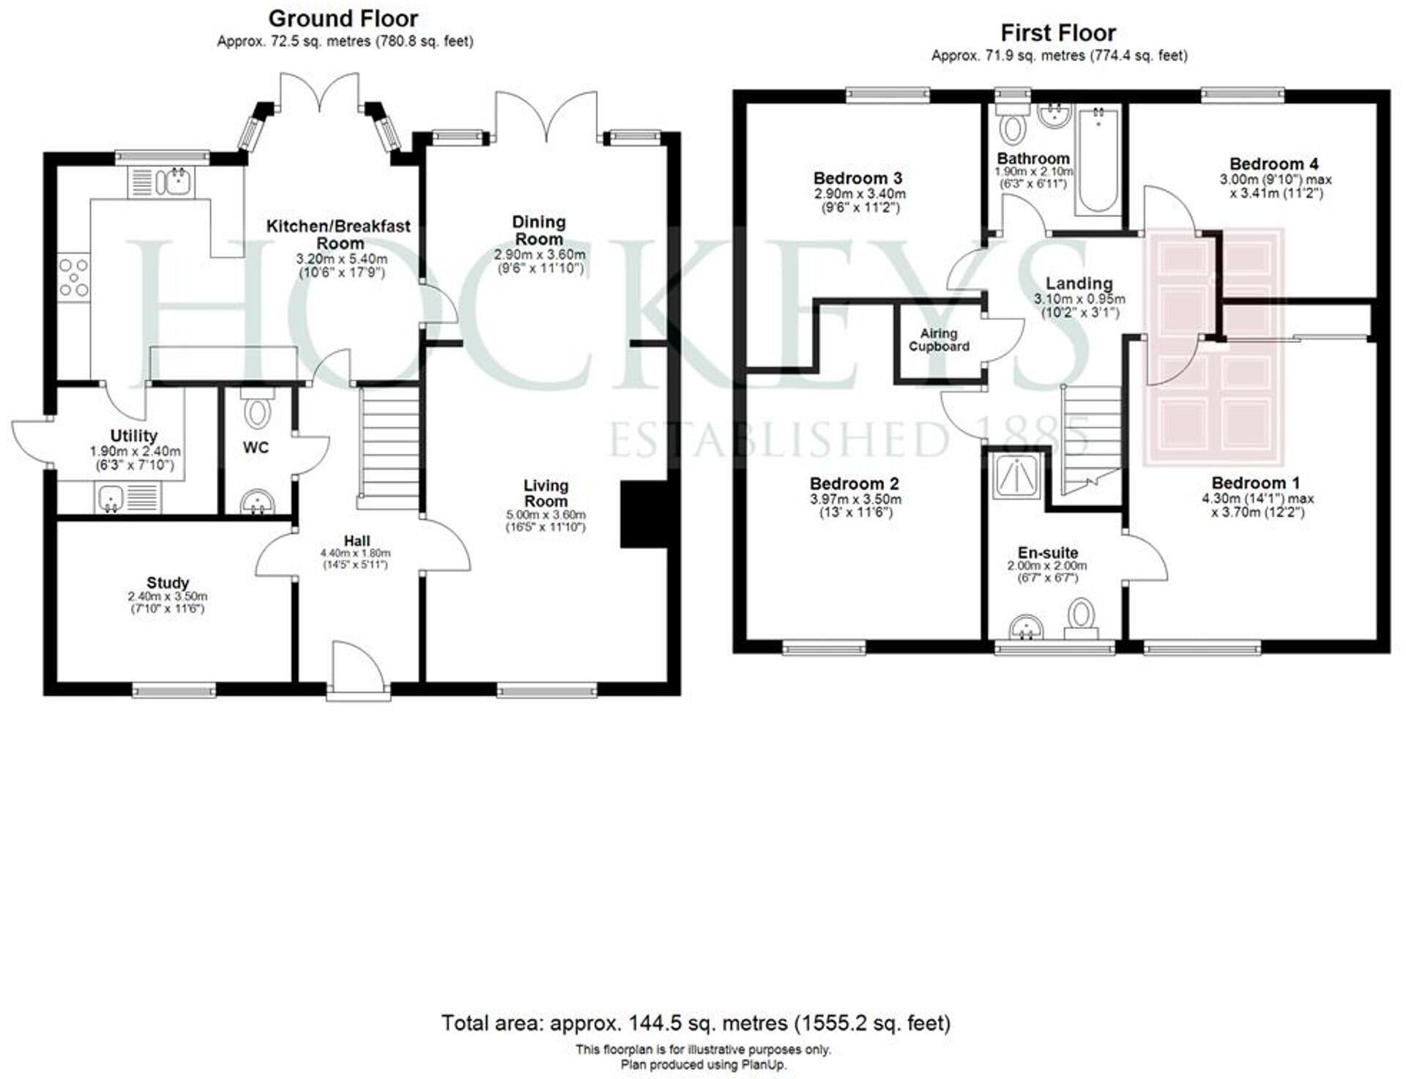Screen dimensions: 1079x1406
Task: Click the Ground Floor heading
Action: point(343,18)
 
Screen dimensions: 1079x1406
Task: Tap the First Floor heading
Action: point(1057,33)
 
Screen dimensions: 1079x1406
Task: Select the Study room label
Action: point(168,583)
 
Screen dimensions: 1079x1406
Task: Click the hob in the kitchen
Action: point(74,278)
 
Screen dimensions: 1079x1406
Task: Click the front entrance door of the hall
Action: point(357,672)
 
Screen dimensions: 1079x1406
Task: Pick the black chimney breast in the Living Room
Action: point(643,514)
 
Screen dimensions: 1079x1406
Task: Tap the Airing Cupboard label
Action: point(939,340)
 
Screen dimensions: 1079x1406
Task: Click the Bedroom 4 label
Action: point(1273,164)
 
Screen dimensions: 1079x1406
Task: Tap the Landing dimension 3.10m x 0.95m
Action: point(1079,299)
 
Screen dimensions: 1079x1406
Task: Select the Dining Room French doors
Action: point(546,117)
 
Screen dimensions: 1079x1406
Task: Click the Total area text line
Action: point(695,1023)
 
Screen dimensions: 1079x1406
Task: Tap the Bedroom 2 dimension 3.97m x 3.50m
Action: point(855,500)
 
